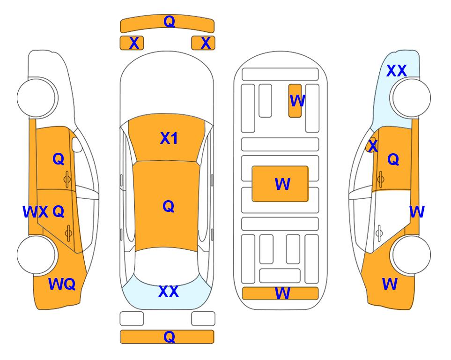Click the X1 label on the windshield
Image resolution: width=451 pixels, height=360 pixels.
coord(169,138)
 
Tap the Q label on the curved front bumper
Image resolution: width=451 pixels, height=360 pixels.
coord(169,22)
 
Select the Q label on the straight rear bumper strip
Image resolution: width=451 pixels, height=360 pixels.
coord(169,337)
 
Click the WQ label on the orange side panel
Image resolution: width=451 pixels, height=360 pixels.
coord(62,284)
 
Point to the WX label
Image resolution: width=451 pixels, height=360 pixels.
coord(36,212)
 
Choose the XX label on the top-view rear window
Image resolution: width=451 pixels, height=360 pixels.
coord(169,292)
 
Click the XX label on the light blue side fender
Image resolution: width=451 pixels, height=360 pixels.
coord(396,71)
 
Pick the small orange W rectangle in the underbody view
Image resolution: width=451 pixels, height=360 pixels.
coord(295,101)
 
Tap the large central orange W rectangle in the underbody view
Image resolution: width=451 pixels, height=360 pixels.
coord(280,184)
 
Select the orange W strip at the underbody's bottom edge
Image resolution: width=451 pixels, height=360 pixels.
coord(280,293)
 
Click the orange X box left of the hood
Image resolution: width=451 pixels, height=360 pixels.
coord(132,43)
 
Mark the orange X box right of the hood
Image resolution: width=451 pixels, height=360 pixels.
coord(203,43)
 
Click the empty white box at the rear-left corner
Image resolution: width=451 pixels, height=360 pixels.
coord(132,319)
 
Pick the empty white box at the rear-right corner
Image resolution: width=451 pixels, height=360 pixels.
coord(203,319)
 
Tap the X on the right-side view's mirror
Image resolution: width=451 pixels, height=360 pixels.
coord(373,145)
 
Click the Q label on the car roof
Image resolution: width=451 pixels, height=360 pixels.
coord(169,206)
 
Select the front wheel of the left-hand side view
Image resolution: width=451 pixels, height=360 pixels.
coord(37,97)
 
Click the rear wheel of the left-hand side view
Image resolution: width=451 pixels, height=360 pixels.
coord(37,255)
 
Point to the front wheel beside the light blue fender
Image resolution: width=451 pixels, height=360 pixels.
coord(411,97)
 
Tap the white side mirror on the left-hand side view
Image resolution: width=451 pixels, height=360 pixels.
coord(76,144)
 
